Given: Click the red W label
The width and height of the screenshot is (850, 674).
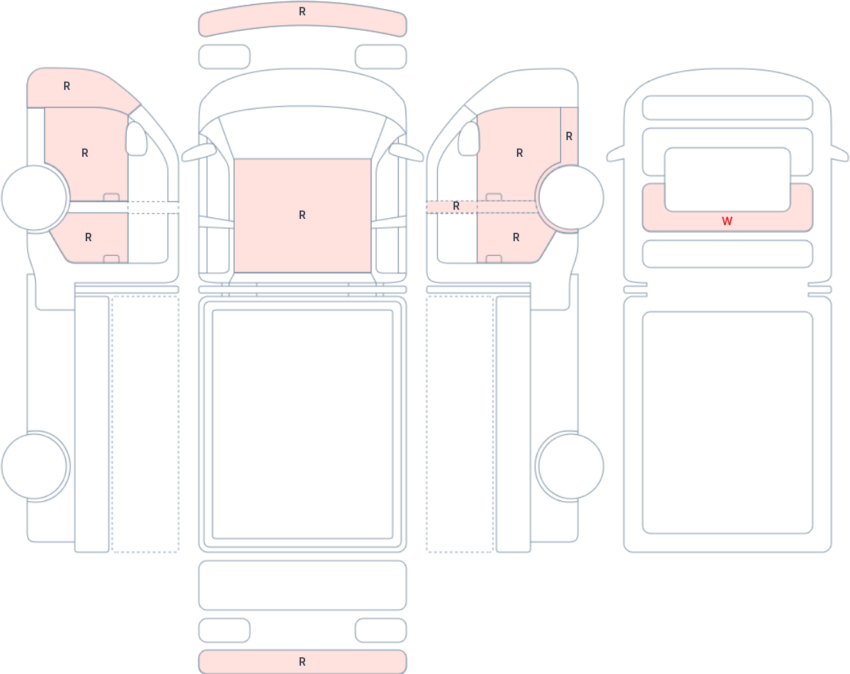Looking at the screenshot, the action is [727, 221].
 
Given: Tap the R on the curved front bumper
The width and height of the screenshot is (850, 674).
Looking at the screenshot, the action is [302, 12].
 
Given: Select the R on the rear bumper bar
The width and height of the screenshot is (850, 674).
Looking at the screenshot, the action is [302, 661].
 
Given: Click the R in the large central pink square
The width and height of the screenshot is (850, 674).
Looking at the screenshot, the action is [302, 215].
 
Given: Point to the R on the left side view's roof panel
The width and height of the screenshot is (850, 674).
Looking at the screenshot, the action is [67, 86].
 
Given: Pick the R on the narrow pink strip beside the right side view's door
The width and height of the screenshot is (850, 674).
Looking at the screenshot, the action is [569, 137].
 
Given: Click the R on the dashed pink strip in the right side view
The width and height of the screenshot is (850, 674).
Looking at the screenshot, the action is [456, 206].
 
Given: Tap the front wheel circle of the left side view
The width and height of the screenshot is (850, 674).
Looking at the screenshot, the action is [34, 197].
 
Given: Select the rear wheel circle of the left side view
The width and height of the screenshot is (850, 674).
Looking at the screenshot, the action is [34, 466].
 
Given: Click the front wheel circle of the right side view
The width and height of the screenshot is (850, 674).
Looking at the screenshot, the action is [571, 197].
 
